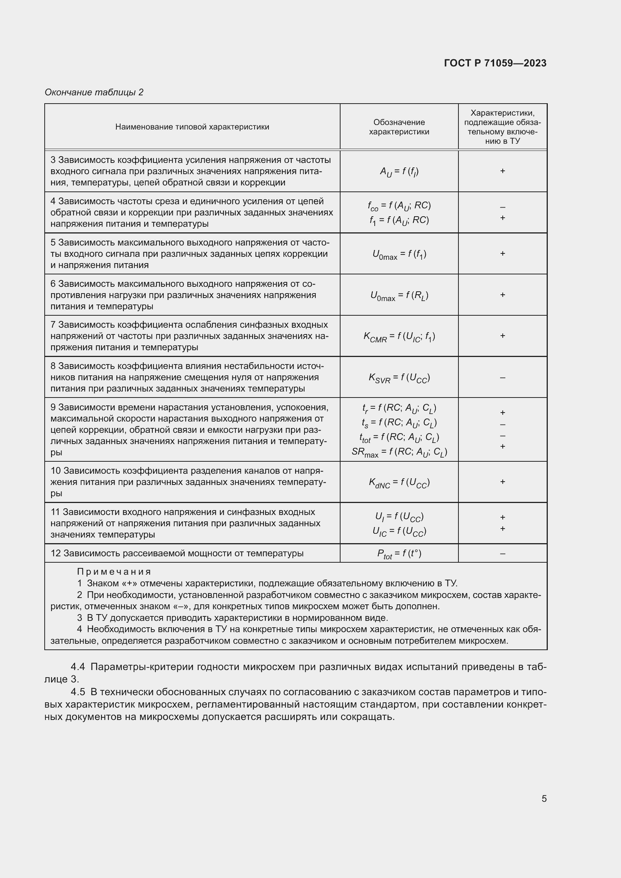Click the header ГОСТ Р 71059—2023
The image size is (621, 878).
tap(495, 63)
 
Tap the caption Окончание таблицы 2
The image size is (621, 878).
tap(94, 92)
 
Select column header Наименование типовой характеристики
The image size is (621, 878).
tap(192, 127)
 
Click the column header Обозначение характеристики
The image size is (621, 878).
tap(399, 127)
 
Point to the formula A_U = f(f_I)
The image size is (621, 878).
tap(399, 172)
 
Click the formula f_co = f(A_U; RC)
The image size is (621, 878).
tap(399, 206)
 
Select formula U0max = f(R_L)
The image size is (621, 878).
tap(399, 295)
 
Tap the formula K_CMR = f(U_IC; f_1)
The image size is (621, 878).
tap(399, 336)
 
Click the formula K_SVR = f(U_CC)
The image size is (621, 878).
tap(399, 378)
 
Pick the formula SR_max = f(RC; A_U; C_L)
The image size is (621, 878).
tap(399, 452)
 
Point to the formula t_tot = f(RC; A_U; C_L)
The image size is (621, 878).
tap(399, 437)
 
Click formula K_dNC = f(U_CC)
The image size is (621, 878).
tap(399, 483)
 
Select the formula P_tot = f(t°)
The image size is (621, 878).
tap(399, 554)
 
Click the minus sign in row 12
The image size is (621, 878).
tap(502, 554)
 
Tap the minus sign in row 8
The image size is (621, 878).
tap(502, 378)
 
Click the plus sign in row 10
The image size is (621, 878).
tap(502, 482)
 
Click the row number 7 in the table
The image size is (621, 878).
tap(53, 325)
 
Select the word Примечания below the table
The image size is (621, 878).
tap(114, 572)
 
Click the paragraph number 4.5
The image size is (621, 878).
tap(78, 692)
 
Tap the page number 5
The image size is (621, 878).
tap(544, 799)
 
